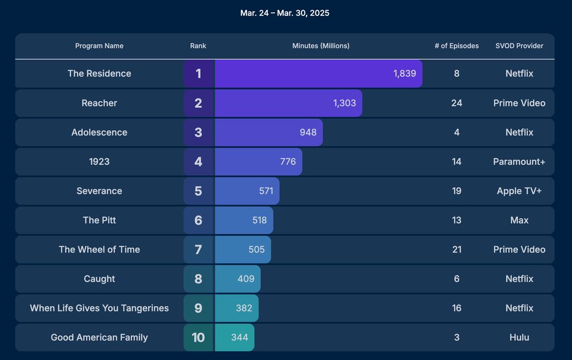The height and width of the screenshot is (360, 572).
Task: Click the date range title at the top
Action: [x=285, y=13]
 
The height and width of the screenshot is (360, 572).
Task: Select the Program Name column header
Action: [x=100, y=46]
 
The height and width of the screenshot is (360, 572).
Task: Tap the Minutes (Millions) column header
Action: [x=320, y=46]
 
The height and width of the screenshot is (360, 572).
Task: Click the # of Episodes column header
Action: [x=456, y=46]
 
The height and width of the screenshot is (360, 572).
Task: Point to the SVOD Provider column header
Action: [x=519, y=46]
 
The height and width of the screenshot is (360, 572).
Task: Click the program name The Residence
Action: [x=100, y=73]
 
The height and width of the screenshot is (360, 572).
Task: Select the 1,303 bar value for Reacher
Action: [x=344, y=103]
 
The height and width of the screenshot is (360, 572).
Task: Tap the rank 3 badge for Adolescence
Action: [x=198, y=132]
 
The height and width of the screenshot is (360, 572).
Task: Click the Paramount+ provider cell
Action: [x=519, y=161]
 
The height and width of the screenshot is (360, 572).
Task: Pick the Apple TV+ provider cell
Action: [x=519, y=191]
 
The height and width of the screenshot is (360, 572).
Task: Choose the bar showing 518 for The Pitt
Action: [x=244, y=220]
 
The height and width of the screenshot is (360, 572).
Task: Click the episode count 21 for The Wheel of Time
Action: [x=456, y=250]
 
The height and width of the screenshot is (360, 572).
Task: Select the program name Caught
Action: [x=100, y=279]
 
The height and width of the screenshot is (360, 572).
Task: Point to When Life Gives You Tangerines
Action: [x=100, y=308]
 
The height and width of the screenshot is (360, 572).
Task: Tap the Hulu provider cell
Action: [x=519, y=337]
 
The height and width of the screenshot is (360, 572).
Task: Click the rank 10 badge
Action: [x=198, y=337]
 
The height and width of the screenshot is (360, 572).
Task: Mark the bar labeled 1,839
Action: [x=319, y=73]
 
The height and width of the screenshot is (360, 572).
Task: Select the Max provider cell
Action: [x=519, y=220]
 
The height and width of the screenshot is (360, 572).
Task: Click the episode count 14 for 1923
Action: [x=456, y=161]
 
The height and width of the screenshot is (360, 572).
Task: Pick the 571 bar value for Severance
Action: [x=266, y=191]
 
